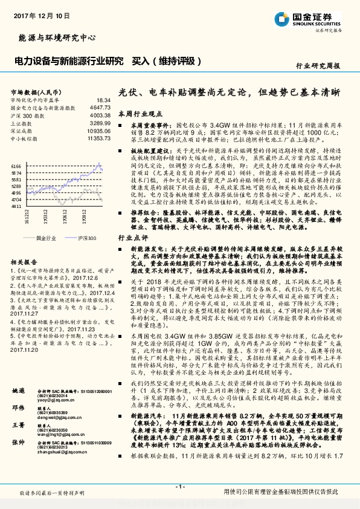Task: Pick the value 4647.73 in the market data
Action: click(x=100, y=107)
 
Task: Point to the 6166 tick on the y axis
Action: click(x=16, y=164)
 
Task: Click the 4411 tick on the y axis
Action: click(x=16, y=206)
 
